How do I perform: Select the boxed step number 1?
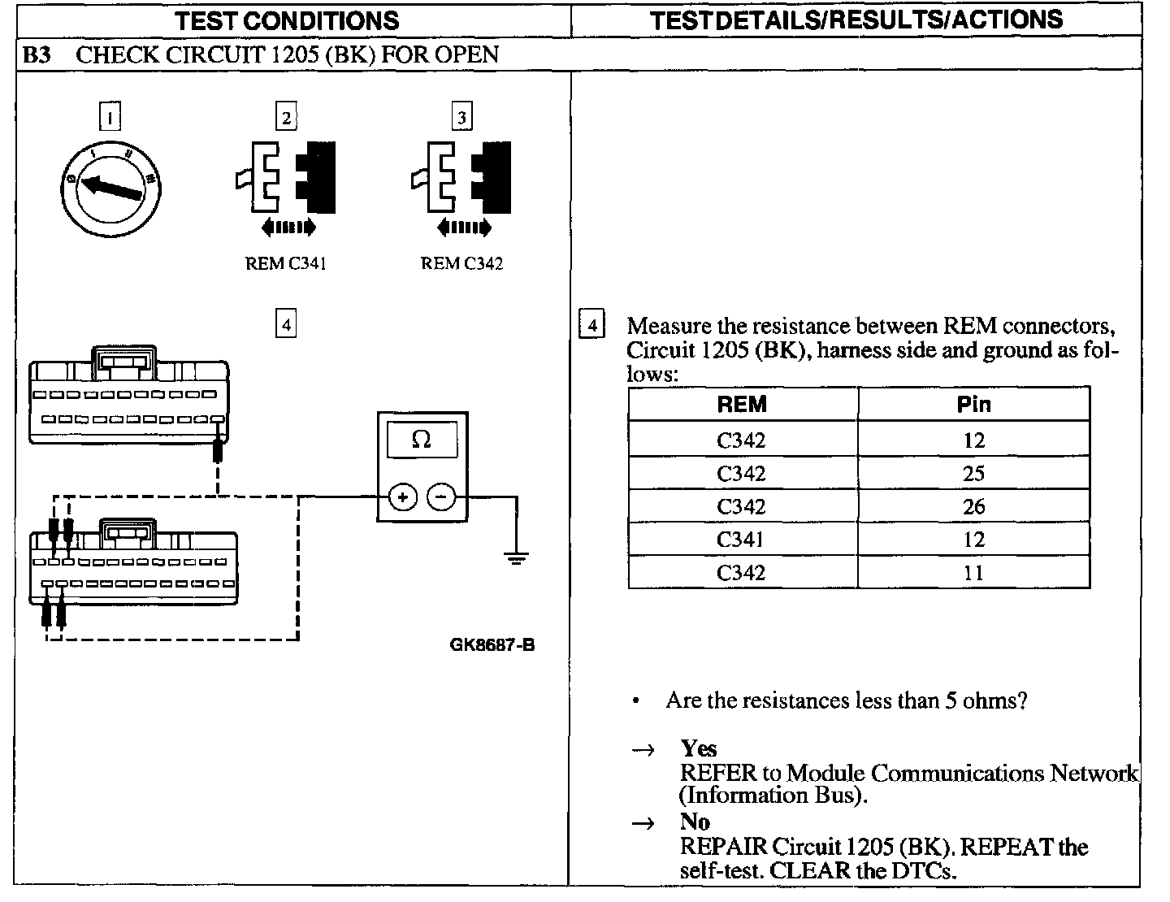click(x=110, y=117)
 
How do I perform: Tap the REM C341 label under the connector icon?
click(x=285, y=263)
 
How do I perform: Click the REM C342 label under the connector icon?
click(x=461, y=263)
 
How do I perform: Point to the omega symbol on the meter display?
click(x=422, y=440)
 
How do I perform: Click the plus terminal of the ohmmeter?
click(x=403, y=496)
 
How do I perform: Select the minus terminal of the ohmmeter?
click(x=441, y=496)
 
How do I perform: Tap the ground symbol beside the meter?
click(x=515, y=558)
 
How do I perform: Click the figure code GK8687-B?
click(x=492, y=645)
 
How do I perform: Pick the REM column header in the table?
click(x=742, y=404)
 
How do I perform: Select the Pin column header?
click(x=973, y=404)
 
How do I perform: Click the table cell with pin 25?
click(x=973, y=474)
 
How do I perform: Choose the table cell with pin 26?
click(x=973, y=507)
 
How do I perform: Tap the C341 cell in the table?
click(x=741, y=540)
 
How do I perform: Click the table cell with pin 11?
click(x=973, y=573)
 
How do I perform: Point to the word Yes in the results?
click(x=699, y=748)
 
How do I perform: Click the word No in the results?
click(x=695, y=822)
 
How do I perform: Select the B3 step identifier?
click(x=37, y=55)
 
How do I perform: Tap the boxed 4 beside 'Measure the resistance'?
click(x=591, y=326)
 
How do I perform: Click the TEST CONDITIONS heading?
click(x=288, y=20)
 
